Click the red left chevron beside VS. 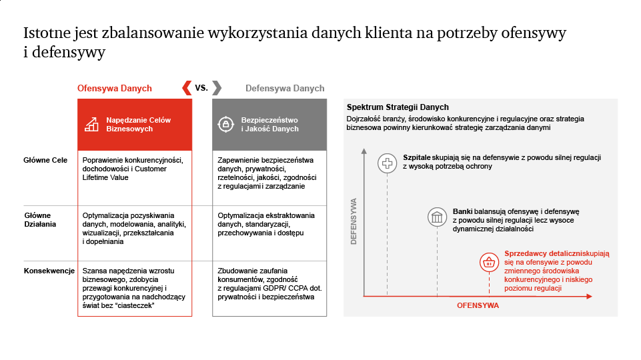click(x=186, y=88)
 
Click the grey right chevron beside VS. click(x=217, y=88)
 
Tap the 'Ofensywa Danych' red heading click(x=115, y=88)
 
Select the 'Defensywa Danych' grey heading click(x=285, y=88)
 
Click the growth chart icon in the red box click(x=91, y=124)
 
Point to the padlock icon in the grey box click(x=225, y=124)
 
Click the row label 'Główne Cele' click(x=45, y=160)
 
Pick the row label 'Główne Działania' click(x=40, y=220)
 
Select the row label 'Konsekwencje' click(x=49, y=271)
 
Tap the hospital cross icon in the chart click(x=387, y=163)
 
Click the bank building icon click(x=437, y=217)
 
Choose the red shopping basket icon click(x=489, y=263)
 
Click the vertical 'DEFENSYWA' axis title click(x=354, y=221)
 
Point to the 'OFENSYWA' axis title click(x=478, y=305)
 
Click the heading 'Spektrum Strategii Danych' click(x=398, y=107)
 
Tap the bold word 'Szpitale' click(x=417, y=158)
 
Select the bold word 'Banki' click(x=463, y=212)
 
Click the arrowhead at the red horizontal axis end click(x=590, y=296)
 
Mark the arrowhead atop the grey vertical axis click(x=364, y=151)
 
